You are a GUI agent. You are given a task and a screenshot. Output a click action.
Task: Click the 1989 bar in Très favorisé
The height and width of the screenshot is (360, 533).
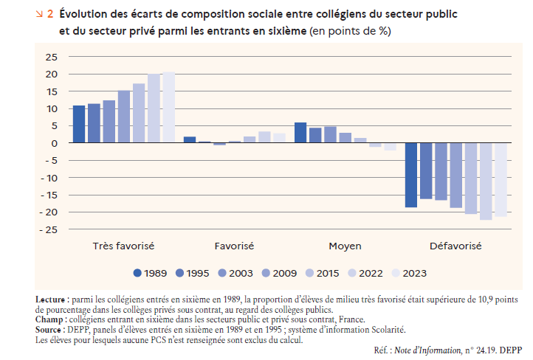[79, 124]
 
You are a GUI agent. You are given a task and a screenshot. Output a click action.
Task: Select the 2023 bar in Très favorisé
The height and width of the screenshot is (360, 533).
[168, 108]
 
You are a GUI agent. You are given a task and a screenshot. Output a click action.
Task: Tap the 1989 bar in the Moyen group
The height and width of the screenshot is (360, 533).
[300, 133]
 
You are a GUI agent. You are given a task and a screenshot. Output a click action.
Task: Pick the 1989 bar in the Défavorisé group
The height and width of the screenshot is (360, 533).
[411, 175]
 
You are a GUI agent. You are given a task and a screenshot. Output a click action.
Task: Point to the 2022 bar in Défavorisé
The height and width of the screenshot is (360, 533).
[486, 181]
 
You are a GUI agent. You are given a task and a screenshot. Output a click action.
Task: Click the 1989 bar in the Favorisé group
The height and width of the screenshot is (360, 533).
[190, 139]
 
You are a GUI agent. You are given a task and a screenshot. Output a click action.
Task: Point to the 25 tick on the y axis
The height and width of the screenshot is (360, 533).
[51, 57]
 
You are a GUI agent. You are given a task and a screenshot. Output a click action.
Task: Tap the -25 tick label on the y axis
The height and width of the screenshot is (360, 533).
[49, 229]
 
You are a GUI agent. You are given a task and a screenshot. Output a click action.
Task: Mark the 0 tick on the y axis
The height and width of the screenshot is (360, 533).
[54, 143]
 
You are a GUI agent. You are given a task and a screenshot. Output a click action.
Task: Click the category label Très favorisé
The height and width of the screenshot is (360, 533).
[123, 245]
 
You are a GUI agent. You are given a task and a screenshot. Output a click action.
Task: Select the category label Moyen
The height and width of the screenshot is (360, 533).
[345, 245]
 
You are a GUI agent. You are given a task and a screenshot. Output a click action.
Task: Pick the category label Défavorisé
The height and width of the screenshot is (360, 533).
[455, 245]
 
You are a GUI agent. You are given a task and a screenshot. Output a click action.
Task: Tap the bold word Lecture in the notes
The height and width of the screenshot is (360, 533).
[50, 300]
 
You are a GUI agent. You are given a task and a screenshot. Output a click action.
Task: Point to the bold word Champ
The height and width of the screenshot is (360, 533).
[49, 320]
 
